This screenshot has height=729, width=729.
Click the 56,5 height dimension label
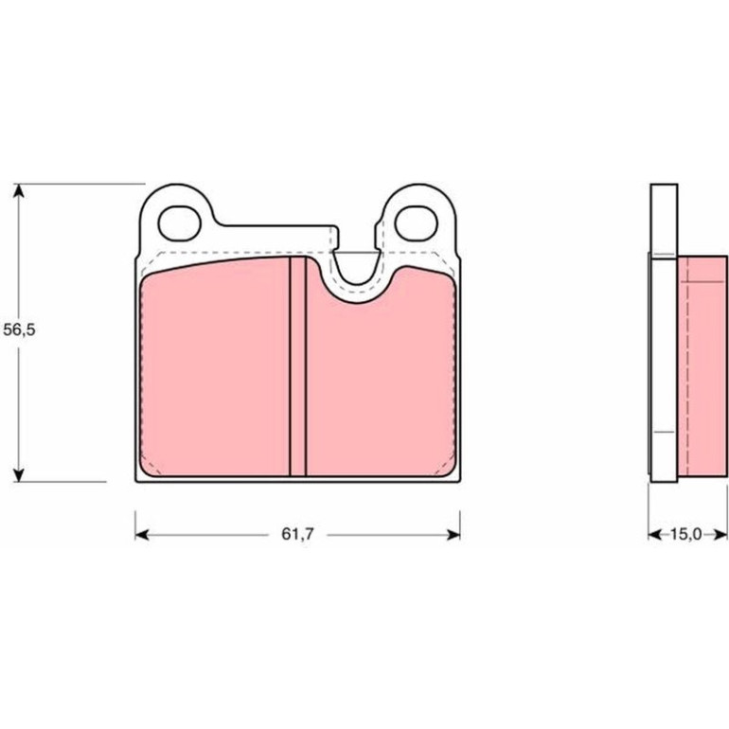(x=19, y=329)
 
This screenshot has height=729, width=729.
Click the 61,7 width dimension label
(x=297, y=534)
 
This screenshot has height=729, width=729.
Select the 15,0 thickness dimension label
(x=685, y=534)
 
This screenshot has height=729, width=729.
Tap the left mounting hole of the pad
(x=180, y=223)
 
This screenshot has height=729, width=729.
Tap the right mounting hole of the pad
(x=417, y=223)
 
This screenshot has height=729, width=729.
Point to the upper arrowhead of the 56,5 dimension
(x=19, y=190)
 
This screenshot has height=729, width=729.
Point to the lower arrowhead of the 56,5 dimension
(x=19, y=474)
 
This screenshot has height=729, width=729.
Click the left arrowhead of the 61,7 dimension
(x=142, y=535)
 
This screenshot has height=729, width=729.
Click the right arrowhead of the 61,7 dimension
(x=453, y=535)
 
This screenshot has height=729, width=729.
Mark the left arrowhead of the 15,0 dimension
(x=654, y=535)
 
